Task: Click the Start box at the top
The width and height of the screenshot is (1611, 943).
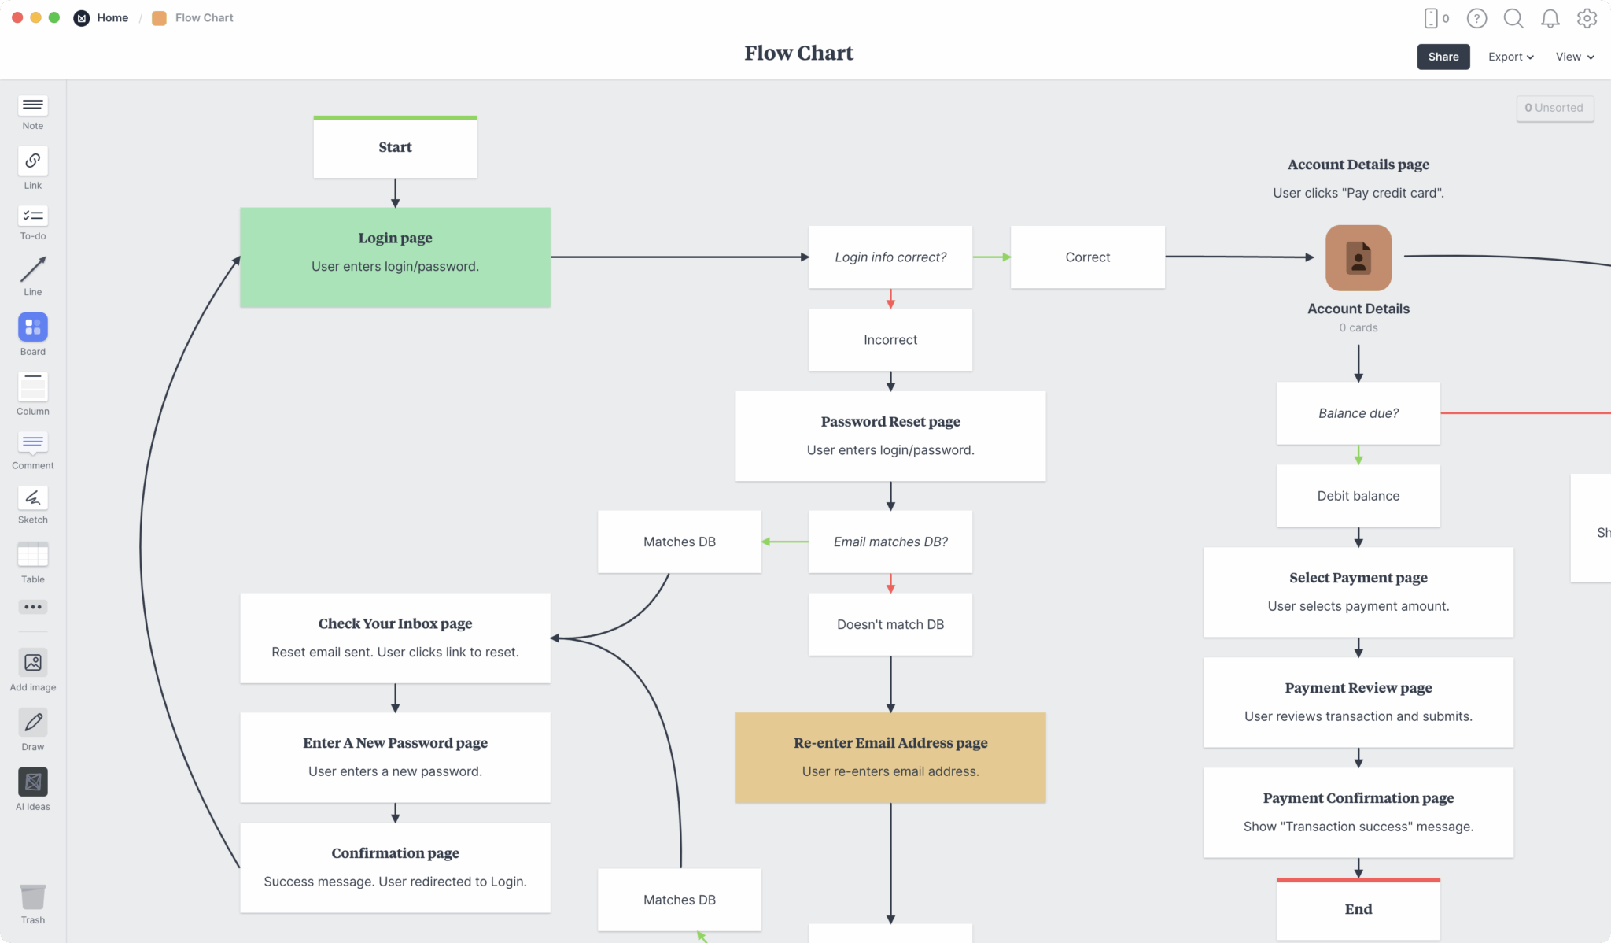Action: point(395,147)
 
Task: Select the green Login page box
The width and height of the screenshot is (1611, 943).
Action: point(395,257)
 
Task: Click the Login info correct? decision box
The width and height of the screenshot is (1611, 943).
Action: point(890,257)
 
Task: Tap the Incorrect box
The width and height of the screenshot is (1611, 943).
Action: point(890,340)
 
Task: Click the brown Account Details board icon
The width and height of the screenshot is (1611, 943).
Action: point(1358,258)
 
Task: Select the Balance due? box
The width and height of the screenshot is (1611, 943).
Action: point(1358,413)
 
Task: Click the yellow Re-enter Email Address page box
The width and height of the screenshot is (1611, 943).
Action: point(890,757)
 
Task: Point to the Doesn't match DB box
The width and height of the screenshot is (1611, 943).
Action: point(890,624)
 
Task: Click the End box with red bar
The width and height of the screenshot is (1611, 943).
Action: point(1358,909)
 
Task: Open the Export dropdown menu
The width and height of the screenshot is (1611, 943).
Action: point(1510,57)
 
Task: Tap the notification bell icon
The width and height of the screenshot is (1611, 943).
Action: point(1550,18)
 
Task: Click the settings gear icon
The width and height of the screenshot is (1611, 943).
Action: point(1587,18)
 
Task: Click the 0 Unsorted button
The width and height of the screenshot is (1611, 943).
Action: point(1554,108)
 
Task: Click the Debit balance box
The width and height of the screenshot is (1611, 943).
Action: point(1358,496)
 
